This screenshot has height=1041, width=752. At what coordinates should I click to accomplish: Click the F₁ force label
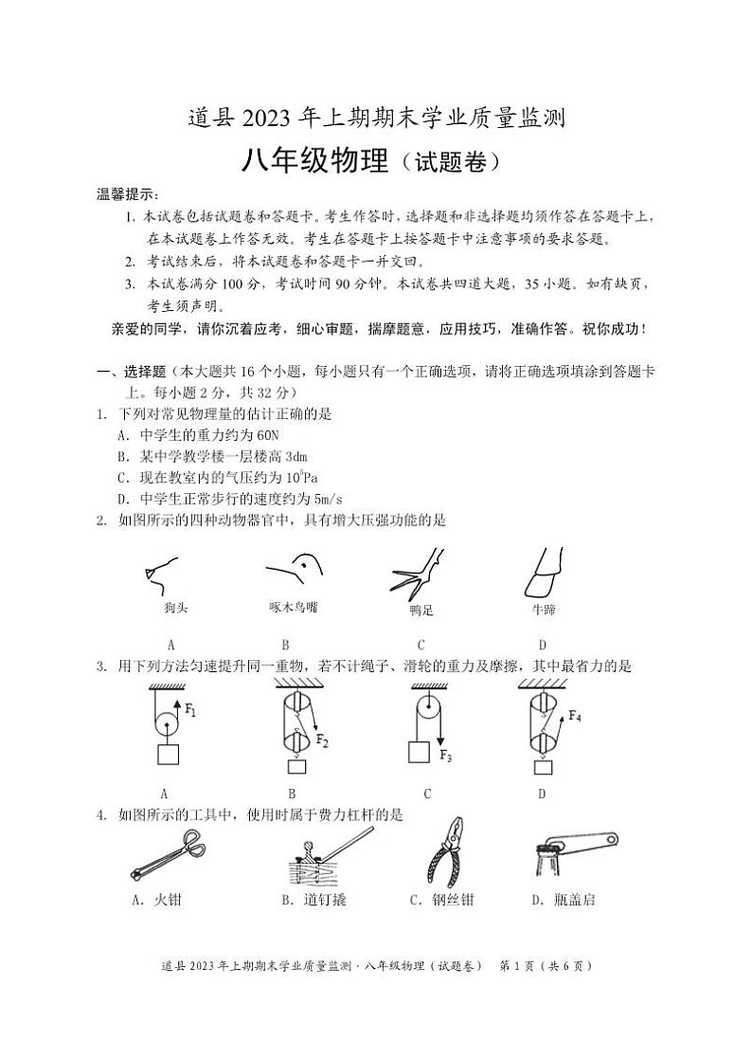190,709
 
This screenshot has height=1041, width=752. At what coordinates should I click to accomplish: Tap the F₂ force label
322,740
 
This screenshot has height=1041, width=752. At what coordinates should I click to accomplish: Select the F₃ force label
446,756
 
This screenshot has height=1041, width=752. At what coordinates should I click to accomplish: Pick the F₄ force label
574,717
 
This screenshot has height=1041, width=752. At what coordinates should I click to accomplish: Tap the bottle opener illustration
575,851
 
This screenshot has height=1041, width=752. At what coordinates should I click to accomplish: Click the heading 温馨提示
128,194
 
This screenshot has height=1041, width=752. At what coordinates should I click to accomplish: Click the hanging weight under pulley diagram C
418,752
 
